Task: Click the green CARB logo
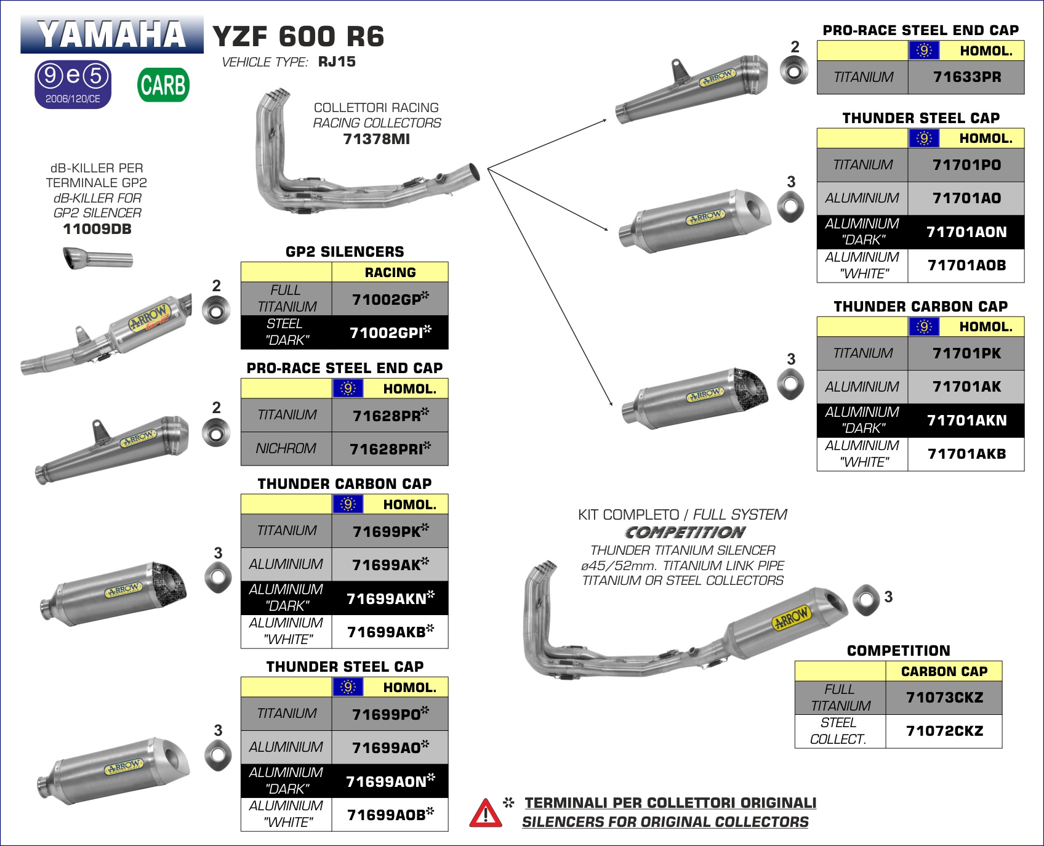point(163,85)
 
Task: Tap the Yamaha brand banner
point(111,34)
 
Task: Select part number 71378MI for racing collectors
point(376,139)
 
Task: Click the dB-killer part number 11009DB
point(97,229)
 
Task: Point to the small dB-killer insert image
point(98,258)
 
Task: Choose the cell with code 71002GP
point(390,299)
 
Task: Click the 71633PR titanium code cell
point(966,77)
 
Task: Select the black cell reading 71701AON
point(966,232)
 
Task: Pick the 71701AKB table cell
point(966,454)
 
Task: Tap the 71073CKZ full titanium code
point(944,698)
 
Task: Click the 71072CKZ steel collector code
point(944,731)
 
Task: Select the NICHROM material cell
point(286,449)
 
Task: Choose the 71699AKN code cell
point(390,598)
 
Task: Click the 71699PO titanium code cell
point(390,714)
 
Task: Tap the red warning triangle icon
point(486,814)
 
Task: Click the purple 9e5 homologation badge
point(73,84)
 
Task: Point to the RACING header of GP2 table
point(390,272)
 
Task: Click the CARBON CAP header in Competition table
point(944,671)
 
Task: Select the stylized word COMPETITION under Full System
point(685,533)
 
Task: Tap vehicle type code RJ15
point(337,62)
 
